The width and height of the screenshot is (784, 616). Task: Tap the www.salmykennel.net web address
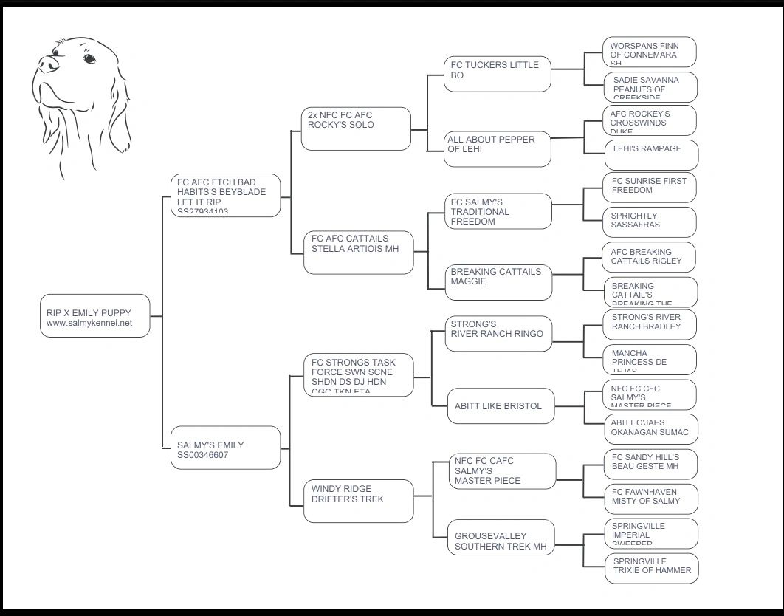(89, 323)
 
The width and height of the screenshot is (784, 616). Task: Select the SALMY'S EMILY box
(225, 448)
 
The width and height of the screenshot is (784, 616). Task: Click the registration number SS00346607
(203, 455)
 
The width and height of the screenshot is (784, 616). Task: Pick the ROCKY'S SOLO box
(356, 129)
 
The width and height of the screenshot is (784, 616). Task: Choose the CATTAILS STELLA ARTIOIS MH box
(359, 253)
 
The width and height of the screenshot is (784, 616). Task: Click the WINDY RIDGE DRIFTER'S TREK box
(359, 501)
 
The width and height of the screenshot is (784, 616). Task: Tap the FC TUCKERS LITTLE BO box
(498, 74)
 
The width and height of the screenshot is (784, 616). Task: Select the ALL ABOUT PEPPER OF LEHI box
(498, 149)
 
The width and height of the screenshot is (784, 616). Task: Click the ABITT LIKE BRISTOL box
(501, 406)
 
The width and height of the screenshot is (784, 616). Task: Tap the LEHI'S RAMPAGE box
(650, 154)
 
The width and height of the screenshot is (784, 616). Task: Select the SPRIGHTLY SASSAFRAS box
(650, 222)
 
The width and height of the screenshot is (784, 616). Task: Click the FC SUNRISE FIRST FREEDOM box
(650, 188)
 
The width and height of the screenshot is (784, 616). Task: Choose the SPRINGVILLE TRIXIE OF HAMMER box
(651, 568)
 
